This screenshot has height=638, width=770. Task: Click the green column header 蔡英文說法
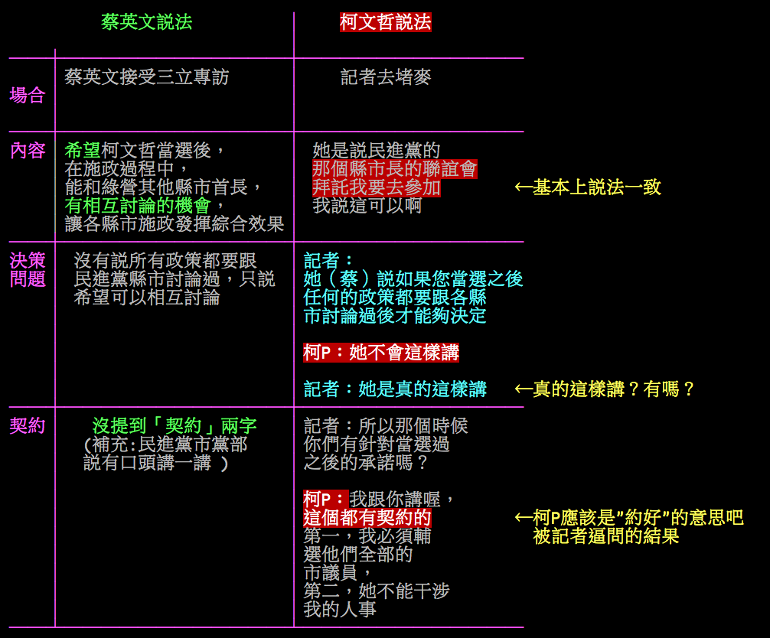coord(146,22)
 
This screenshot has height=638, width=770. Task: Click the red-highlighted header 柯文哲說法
coord(385,22)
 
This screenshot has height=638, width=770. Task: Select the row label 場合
coord(28,96)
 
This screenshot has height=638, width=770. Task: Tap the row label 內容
coord(28,151)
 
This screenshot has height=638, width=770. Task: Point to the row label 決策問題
coord(28,269)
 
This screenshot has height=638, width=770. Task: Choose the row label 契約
coord(28,426)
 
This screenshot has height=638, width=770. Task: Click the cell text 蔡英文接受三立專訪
coord(146,77)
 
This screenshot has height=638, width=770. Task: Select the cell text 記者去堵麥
coord(386,77)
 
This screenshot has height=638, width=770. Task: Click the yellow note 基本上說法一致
coord(588,187)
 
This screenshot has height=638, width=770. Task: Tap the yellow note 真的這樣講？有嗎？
coord(605,389)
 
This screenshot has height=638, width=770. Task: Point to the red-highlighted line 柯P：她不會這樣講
coord(381,353)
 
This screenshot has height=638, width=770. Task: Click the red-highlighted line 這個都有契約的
coord(367,518)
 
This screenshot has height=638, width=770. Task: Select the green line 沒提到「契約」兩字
coord(175,426)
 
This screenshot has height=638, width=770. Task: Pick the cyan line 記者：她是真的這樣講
coord(395,389)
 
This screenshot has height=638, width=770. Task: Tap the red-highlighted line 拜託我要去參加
coord(377,187)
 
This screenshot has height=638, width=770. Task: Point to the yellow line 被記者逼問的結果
coord(606,536)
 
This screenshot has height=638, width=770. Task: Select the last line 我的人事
coord(340,610)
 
